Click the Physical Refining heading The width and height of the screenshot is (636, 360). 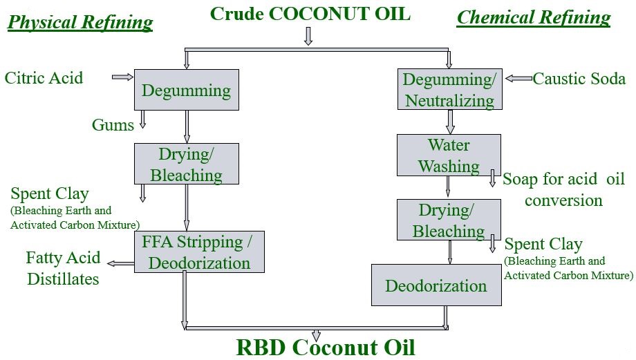(x=80, y=22)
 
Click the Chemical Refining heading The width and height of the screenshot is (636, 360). (x=534, y=17)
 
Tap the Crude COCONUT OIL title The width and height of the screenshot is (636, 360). (x=310, y=13)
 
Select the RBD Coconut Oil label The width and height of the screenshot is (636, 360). (x=326, y=346)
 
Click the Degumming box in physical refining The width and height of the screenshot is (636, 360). (x=186, y=90)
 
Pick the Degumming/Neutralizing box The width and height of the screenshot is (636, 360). (x=449, y=90)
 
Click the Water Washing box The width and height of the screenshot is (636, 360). (x=449, y=155)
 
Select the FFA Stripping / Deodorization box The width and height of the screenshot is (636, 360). (x=199, y=252)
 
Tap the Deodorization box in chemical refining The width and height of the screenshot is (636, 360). (x=436, y=285)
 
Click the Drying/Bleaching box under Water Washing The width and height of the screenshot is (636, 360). (x=449, y=220)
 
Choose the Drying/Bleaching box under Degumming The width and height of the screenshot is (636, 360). (x=186, y=164)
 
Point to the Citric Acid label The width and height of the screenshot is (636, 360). (x=44, y=77)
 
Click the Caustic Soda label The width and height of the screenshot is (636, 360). (x=579, y=79)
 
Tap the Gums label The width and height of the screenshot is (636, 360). (x=113, y=124)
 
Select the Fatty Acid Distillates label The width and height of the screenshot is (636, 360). (x=63, y=268)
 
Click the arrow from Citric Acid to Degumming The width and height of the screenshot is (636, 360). (x=122, y=77)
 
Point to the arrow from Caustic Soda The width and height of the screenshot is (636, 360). (x=518, y=79)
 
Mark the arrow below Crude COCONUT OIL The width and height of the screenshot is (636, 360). (x=308, y=36)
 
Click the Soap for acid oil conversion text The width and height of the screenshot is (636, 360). (x=563, y=189)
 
